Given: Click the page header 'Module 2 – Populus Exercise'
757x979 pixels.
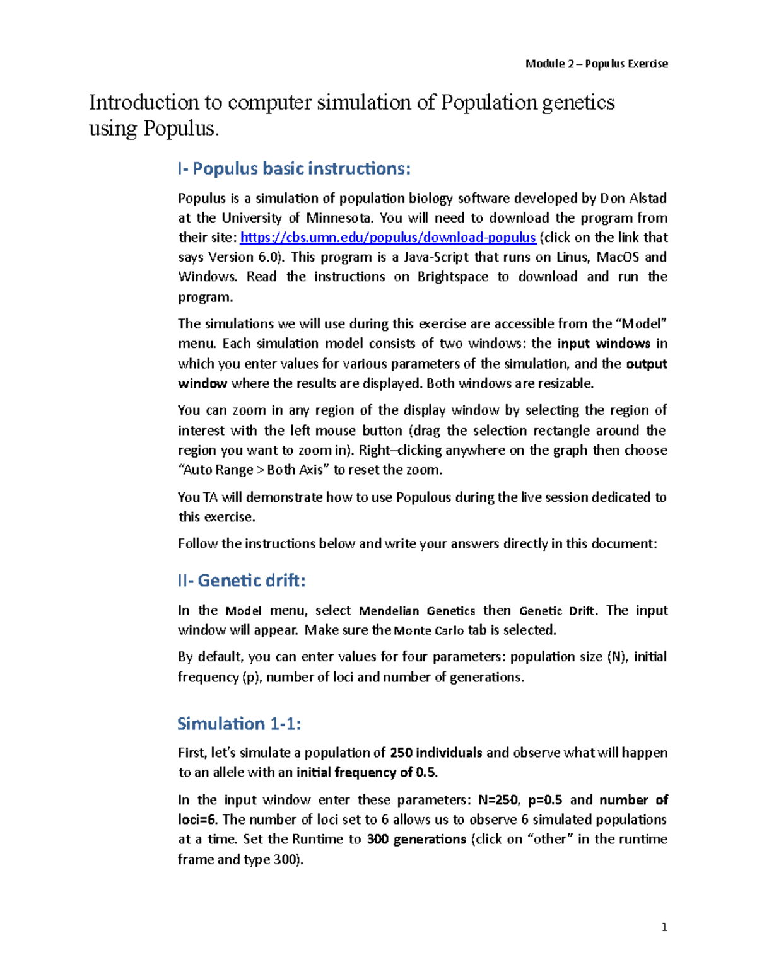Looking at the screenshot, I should tap(596, 64).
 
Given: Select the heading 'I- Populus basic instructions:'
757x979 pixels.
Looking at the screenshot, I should tap(294, 168).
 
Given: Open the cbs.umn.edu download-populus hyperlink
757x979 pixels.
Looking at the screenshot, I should tap(388, 238).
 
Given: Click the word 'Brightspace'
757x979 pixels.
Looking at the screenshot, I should tap(452, 277).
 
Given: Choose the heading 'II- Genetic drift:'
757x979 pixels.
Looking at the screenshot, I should tap(242, 581).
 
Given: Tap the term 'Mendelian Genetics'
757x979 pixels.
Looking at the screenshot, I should tap(417, 611).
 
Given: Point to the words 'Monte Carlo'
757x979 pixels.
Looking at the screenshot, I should tap(429, 630).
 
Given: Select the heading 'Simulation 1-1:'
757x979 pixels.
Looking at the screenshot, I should tap(239, 724).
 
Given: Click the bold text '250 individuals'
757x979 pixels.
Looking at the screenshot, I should tap(436, 753).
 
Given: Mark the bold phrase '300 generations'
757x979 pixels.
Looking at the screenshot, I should tap(416, 840).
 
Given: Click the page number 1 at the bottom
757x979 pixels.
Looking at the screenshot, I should tap(664, 927).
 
